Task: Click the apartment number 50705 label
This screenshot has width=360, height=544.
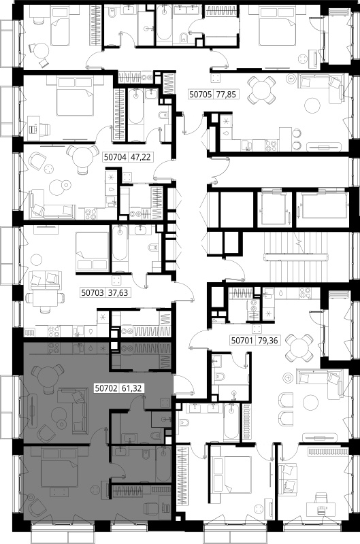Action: [x=200, y=94]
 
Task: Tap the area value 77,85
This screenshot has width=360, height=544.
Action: [x=226, y=94]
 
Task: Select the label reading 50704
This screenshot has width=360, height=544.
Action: [x=115, y=158]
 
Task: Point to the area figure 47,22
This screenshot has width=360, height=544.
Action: [x=140, y=158]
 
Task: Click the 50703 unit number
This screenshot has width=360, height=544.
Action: [x=93, y=293]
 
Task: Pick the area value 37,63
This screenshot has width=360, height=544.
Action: [x=118, y=293]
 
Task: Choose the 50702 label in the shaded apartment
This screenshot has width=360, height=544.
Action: [x=107, y=388]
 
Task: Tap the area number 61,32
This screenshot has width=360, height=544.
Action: [x=132, y=388]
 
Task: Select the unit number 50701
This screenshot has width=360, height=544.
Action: [x=243, y=341]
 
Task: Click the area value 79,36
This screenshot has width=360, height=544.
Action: [x=268, y=341]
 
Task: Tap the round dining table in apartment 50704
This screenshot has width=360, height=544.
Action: [x=82, y=156]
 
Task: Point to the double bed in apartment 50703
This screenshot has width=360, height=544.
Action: [x=93, y=251]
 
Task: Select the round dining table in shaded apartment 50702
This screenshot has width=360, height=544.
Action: [x=48, y=376]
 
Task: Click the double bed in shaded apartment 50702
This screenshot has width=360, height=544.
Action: [x=60, y=467]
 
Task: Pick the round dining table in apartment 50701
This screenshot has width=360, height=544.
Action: [x=299, y=347]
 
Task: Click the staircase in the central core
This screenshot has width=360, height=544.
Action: [x=296, y=258]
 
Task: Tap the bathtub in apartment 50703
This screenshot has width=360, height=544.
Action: [x=120, y=246]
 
